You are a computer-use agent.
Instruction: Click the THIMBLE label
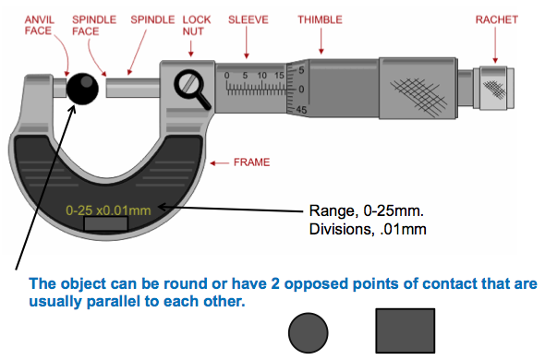pos(321,18)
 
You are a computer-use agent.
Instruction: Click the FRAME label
pos(250,162)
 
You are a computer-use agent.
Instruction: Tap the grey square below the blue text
pos(405,330)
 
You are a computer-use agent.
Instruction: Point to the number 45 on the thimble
pos(300,109)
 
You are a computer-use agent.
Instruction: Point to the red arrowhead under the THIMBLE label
pos(321,52)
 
